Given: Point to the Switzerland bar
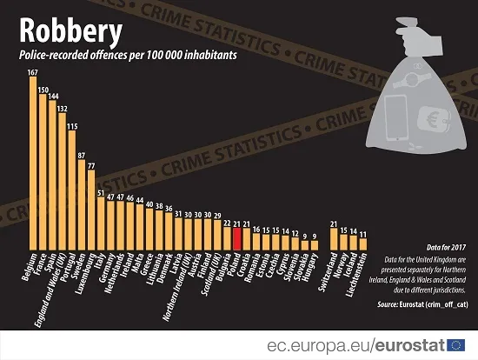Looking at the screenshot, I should click(x=334, y=240).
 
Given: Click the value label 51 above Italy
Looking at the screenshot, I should click(x=101, y=193).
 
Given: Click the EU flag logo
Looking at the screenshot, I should click(x=462, y=345).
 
